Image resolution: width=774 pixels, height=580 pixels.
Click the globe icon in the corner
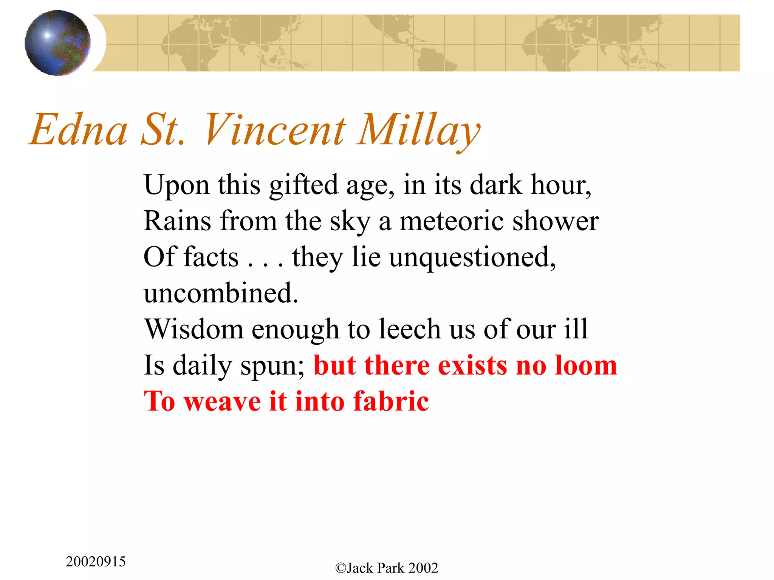pos(57,43)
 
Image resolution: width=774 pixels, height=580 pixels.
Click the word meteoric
pos(452,221)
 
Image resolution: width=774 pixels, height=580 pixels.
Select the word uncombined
pos(221,293)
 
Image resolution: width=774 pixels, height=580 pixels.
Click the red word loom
pos(586,366)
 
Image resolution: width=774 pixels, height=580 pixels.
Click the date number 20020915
pos(96,562)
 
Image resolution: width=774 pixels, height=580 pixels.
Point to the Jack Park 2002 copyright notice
pos(387,568)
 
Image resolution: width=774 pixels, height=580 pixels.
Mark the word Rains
pos(177,221)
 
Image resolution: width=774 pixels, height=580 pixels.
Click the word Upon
pos(176,185)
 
